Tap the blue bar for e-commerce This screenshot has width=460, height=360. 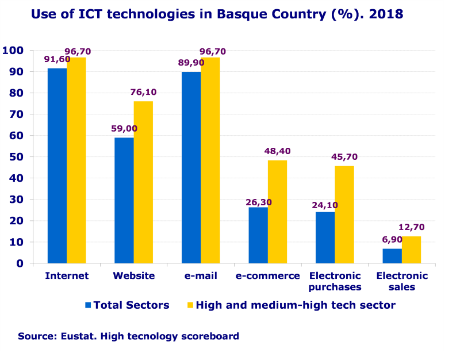tap(258, 235)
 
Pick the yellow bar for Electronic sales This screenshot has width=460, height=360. tap(411, 250)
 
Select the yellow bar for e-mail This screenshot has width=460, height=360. tap(210, 160)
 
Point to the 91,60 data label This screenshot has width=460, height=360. tap(57, 59)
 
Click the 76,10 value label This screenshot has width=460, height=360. tap(143, 92)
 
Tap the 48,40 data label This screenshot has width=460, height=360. tap(277, 151)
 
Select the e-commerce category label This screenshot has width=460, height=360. tap(267, 276)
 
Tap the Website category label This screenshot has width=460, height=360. tap(133, 276)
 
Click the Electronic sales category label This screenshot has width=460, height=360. tap(402, 281)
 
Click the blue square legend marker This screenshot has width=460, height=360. tap(88, 305)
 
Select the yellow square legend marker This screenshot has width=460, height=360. tap(190, 305)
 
